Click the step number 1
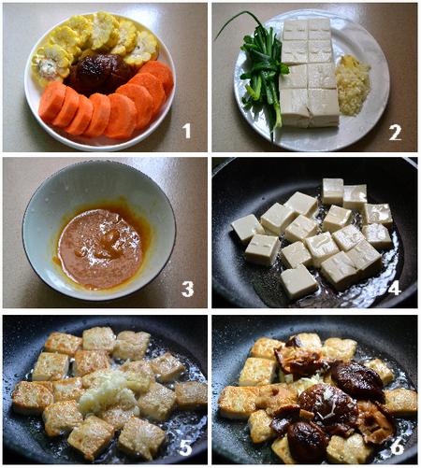186,131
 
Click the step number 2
395,132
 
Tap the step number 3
187,289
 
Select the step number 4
394,288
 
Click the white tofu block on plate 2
309,70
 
